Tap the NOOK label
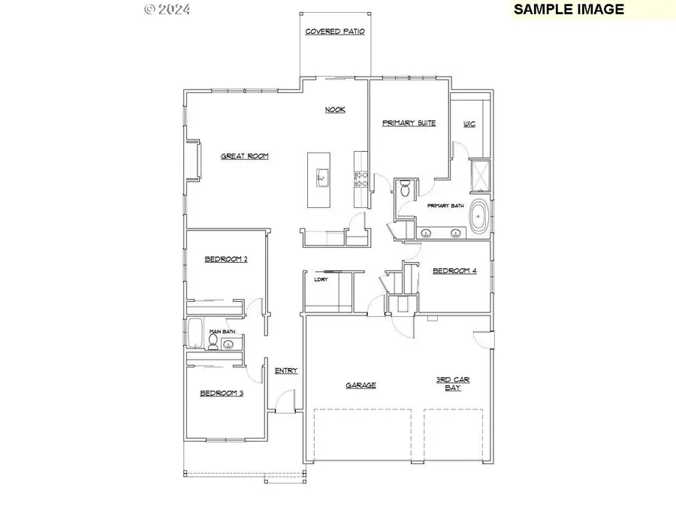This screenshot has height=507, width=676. pyautogui.click(x=335, y=110)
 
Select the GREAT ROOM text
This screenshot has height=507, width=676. pyautogui.click(x=244, y=156)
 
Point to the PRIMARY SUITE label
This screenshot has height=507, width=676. pyautogui.click(x=409, y=123)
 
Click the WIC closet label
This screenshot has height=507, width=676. pyautogui.click(x=469, y=123)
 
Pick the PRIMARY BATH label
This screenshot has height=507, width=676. pyautogui.click(x=446, y=206)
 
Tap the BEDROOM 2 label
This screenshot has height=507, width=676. pyautogui.click(x=226, y=259)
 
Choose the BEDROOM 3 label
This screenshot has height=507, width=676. pyautogui.click(x=221, y=393)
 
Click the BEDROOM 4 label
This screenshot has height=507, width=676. pyautogui.click(x=454, y=270)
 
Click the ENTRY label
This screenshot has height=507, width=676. pyautogui.click(x=286, y=370)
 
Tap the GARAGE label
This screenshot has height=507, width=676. pyautogui.click(x=361, y=385)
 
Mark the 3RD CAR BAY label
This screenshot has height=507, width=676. pyautogui.click(x=453, y=383)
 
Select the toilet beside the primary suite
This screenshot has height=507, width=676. pyautogui.click(x=404, y=188)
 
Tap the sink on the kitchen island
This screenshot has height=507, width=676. pyautogui.click(x=321, y=177)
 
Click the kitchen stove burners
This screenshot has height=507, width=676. pyautogui.click(x=360, y=178)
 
